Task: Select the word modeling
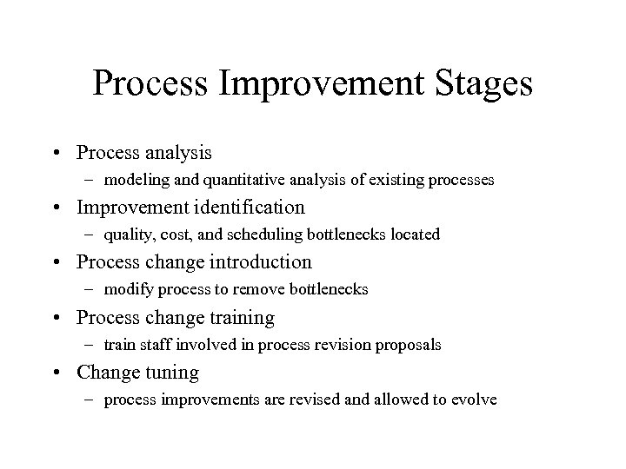click(132, 182)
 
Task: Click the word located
click(412, 234)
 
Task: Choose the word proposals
click(411, 345)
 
